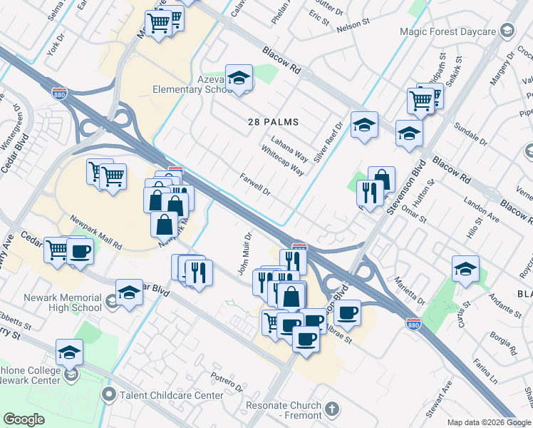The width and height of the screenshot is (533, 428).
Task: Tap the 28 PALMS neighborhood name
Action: tap(273, 123)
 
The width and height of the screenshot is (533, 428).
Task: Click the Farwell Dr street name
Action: tap(256, 185)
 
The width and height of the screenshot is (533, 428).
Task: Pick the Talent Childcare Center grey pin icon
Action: tap(109, 394)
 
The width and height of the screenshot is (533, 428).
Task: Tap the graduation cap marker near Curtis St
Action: tap(465, 269)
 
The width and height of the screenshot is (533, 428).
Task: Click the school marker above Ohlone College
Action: tap(69, 352)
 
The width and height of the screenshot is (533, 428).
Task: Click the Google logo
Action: tap(24, 419)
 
